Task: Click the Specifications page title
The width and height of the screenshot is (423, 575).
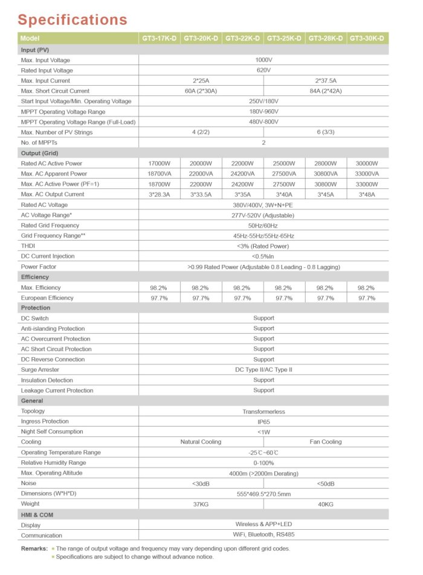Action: tap(72, 19)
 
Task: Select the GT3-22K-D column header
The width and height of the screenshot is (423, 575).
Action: tap(242, 39)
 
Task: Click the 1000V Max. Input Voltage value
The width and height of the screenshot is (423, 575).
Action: tap(263, 60)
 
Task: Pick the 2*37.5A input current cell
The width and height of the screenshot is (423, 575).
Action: tap(326, 80)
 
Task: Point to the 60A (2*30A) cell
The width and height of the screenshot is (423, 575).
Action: tap(201, 91)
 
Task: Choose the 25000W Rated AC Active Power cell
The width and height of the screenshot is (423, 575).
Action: tap(283, 164)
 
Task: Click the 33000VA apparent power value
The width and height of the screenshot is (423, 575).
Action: tap(367, 174)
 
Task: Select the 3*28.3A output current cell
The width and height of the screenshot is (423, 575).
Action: tap(159, 194)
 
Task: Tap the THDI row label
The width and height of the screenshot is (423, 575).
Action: tap(28, 246)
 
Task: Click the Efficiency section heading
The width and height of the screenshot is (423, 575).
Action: tap(35, 277)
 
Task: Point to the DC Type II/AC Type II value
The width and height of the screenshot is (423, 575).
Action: tap(263, 370)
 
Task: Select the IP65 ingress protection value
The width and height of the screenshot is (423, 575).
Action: tap(263, 422)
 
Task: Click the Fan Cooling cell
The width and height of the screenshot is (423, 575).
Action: tap(326, 442)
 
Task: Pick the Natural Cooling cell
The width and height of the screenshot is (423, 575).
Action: tap(201, 442)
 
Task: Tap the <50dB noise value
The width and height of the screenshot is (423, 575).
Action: tap(326, 484)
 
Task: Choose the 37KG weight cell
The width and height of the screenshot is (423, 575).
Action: tap(201, 504)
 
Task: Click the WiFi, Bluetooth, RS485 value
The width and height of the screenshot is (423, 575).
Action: tap(263, 535)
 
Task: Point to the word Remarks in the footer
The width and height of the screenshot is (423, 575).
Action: tap(34, 548)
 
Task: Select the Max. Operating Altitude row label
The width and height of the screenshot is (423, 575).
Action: tap(51, 473)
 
